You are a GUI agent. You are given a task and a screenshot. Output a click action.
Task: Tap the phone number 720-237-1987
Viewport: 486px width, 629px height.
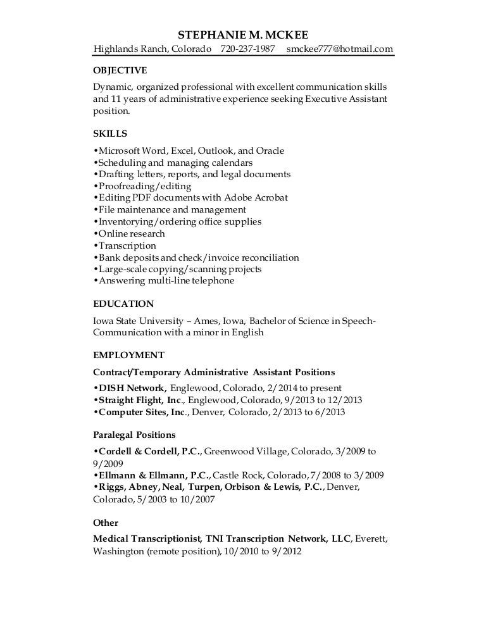pyautogui.click(x=247, y=49)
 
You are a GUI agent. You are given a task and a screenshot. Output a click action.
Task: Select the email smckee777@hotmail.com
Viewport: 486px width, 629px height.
pyautogui.click(x=339, y=49)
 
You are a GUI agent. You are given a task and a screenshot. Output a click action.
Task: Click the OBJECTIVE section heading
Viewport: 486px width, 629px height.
pyautogui.click(x=120, y=70)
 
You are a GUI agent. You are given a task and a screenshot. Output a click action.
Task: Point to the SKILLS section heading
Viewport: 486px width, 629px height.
pyautogui.click(x=110, y=134)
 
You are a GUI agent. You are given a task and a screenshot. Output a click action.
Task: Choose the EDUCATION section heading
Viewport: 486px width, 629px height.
pyautogui.click(x=123, y=304)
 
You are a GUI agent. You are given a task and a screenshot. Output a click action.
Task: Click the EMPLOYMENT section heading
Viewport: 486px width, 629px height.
pyautogui.click(x=128, y=354)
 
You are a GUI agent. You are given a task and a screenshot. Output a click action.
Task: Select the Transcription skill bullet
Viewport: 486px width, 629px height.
pyautogui.click(x=126, y=246)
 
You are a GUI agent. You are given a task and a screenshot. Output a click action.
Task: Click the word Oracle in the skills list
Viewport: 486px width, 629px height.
pyautogui.click(x=270, y=151)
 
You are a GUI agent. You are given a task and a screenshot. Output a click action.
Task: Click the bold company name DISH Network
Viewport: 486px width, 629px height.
pyautogui.click(x=132, y=388)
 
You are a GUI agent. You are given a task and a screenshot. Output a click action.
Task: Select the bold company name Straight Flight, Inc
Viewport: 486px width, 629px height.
pyautogui.click(x=139, y=400)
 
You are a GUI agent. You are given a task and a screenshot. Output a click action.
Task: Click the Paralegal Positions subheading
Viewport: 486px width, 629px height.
pyautogui.click(x=134, y=435)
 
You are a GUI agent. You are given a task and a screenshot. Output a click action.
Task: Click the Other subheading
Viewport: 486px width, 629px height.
pyautogui.click(x=106, y=523)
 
